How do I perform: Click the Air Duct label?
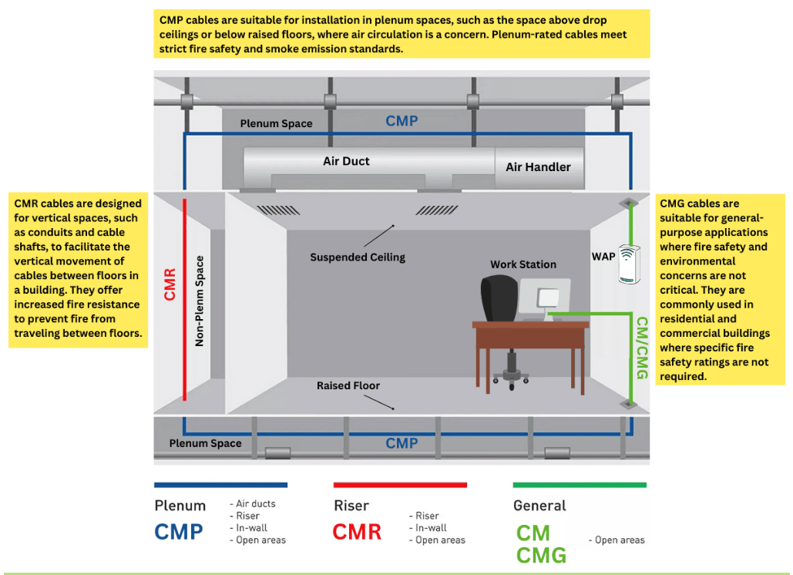(x=346, y=161)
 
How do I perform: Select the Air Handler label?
(x=538, y=167)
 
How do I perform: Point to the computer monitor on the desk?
(x=544, y=297)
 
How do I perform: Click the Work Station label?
(x=523, y=264)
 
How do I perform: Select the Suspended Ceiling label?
(x=358, y=257)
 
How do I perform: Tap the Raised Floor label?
(x=348, y=385)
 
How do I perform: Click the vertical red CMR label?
(x=170, y=284)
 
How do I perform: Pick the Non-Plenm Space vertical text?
(x=200, y=301)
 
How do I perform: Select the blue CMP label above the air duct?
(x=402, y=121)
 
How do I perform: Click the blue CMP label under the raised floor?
(x=402, y=443)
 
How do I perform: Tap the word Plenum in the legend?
(x=180, y=506)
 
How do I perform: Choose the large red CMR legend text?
(x=357, y=532)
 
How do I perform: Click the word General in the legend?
(x=539, y=506)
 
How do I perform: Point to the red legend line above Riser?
(x=400, y=485)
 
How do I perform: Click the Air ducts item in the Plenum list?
(x=253, y=503)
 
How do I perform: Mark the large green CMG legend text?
(x=542, y=555)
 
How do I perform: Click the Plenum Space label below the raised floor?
(x=205, y=443)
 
